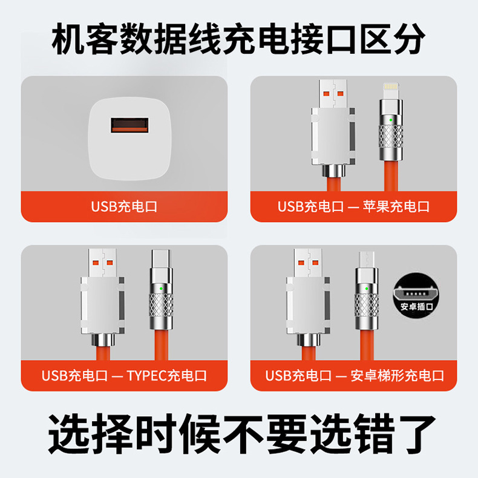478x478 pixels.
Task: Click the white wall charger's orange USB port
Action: (x=129, y=126)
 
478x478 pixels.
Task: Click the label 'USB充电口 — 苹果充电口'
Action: (x=353, y=206)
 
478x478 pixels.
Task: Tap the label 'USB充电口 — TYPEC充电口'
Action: (x=124, y=375)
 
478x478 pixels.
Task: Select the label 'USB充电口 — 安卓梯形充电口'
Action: (x=355, y=375)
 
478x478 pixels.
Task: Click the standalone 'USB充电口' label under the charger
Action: (x=124, y=206)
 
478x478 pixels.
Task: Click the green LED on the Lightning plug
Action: (x=390, y=120)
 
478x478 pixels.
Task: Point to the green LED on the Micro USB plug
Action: (x=365, y=289)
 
